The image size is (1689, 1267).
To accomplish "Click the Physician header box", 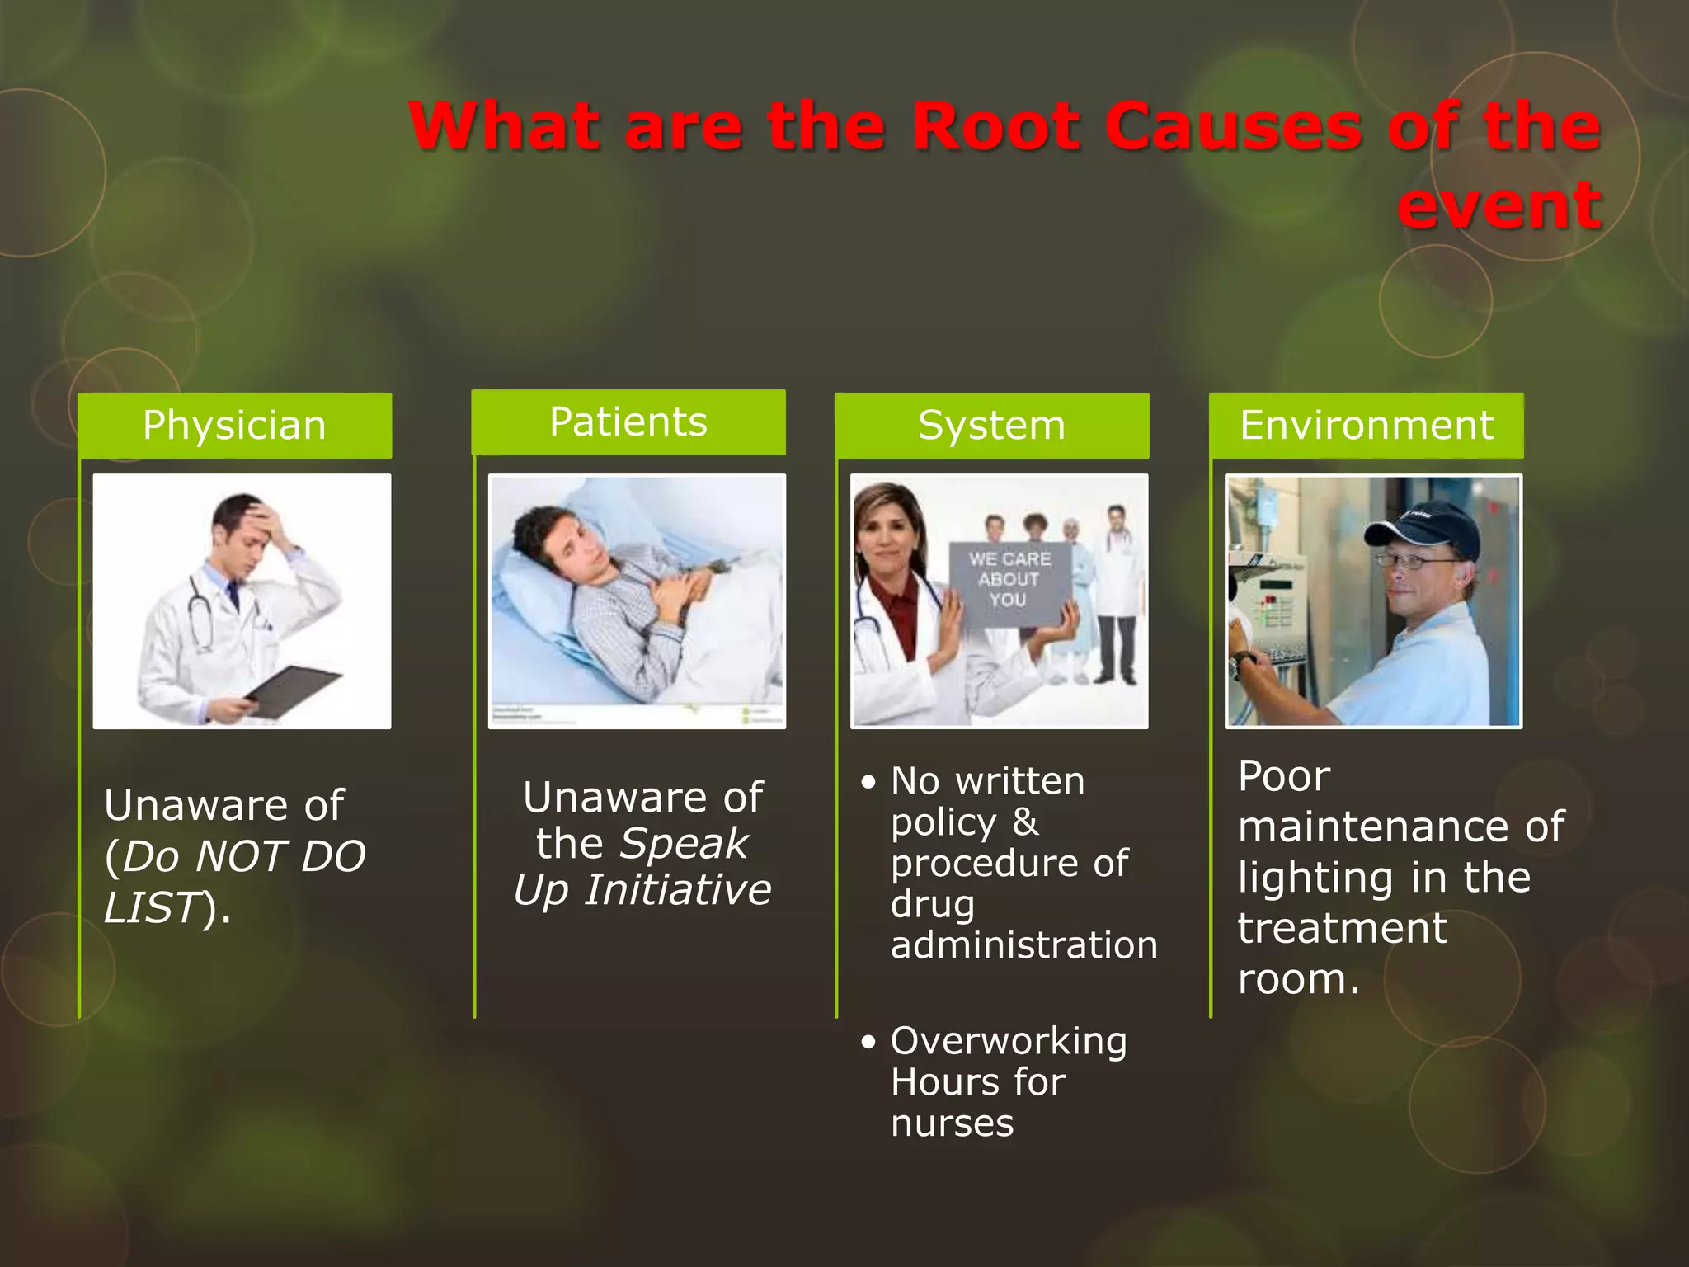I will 234,426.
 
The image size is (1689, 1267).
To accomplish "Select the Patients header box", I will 628,422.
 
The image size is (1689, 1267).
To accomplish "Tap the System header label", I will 991,426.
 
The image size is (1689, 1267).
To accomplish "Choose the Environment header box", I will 1367,426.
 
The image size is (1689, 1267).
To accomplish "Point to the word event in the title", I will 1499,205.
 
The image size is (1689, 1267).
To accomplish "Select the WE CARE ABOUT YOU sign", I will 1009,581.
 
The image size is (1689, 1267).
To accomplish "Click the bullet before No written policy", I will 868,782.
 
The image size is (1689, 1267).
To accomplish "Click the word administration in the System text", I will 1023,945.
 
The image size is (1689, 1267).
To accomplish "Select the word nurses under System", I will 952,1123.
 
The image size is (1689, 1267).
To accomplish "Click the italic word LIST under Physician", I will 152,907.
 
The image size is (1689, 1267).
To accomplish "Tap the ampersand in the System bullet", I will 1025,822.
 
